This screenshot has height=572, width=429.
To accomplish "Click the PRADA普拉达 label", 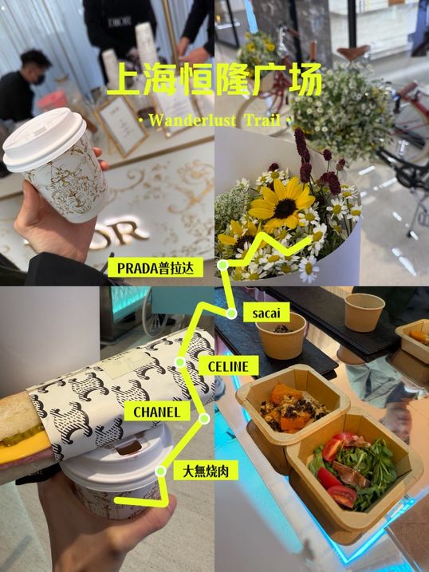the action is pyautogui.click(x=155, y=268).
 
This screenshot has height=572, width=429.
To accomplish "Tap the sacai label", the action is pyautogui.click(x=266, y=313).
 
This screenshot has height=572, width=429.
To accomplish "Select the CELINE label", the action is pyautogui.click(x=229, y=366).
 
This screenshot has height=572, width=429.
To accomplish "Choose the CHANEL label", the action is pyautogui.click(x=157, y=412).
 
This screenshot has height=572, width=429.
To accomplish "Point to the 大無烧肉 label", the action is pyautogui.click(x=207, y=471).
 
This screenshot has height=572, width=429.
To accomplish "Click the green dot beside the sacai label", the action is pyautogui.click(x=231, y=314).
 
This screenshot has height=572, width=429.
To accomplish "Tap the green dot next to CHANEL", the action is pyautogui.click(x=204, y=419).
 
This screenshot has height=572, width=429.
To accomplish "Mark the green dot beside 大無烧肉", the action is pyautogui.click(x=160, y=471).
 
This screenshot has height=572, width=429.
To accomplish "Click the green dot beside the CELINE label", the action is pyautogui.click(x=179, y=362).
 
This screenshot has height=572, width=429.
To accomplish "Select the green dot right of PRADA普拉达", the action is pyautogui.click(x=222, y=265).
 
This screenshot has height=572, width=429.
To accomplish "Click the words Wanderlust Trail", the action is pyautogui.click(x=215, y=120).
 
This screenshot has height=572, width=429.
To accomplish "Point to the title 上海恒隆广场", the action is pyautogui.click(x=215, y=80).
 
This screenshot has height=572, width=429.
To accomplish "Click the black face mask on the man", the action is pyautogui.click(x=39, y=79).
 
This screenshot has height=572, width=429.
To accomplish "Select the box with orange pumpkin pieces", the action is pyautogui.click(x=293, y=407).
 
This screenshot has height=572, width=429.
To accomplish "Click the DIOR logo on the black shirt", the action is pyautogui.click(x=119, y=22).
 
